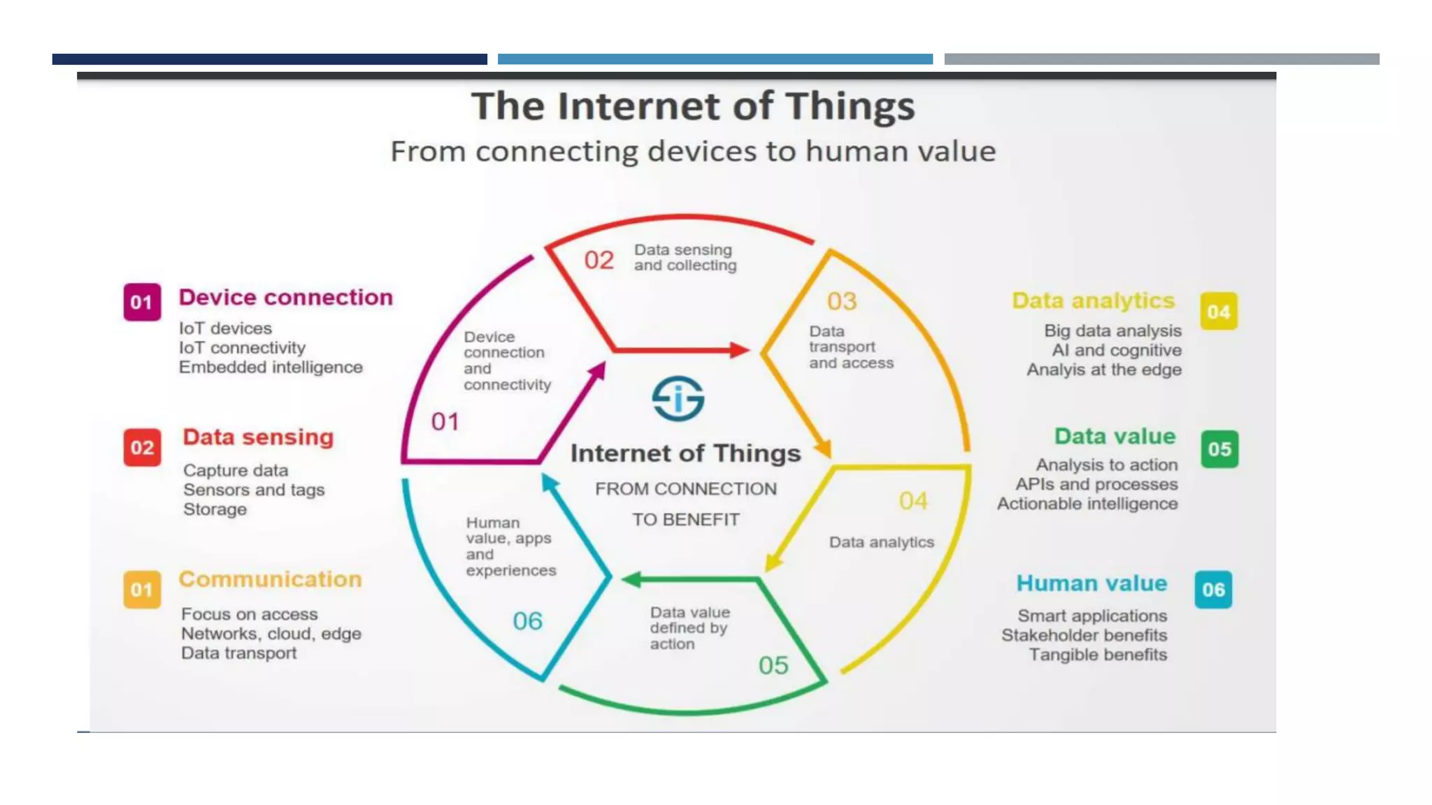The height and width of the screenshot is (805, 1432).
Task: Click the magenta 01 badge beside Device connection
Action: click(x=142, y=302)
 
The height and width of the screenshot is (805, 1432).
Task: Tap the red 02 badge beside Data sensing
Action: click(x=142, y=447)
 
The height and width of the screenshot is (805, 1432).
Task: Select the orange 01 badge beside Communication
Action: click(x=142, y=590)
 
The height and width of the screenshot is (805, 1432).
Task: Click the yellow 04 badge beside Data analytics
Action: click(x=1219, y=312)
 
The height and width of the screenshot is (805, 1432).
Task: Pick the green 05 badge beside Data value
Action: click(x=1219, y=449)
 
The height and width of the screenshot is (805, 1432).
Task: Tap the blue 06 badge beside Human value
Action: click(x=1213, y=590)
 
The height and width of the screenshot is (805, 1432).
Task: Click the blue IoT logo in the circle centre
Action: click(x=678, y=399)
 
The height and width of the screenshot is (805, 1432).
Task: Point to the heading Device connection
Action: click(x=285, y=298)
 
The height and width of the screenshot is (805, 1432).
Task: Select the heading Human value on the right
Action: click(x=1091, y=583)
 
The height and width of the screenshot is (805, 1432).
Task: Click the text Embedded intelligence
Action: click(x=271, y=368)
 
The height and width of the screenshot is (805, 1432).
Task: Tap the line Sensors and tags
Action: click(x=254, y=490)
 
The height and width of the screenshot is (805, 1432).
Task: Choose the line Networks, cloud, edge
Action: click(x=271, y=634)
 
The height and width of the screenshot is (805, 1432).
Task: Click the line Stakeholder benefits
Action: click(x=1084, y=635)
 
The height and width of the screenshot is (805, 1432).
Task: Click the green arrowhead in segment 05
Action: click(x=631, y=579)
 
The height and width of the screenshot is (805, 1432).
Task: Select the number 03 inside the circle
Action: click(x=841, y=301)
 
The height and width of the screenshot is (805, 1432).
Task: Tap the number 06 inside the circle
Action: click(x=527, y=621)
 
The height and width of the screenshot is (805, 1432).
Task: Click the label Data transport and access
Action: click(x=850, y=347)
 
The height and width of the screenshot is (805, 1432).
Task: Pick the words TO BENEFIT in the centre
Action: click(x=685, y=520)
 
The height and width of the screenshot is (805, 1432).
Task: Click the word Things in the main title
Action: click(x=850, y=107)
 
